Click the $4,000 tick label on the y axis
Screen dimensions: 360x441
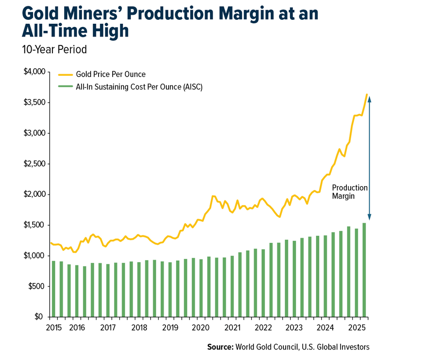[x=34, y=72]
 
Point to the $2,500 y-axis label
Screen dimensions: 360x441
[x=34, y=164]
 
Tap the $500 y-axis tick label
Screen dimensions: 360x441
[x=37, y=287]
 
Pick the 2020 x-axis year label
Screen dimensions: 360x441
[x=201, y=328]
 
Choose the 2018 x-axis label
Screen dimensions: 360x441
[x=139, y=328]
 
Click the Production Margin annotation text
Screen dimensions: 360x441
[x=349, y=192]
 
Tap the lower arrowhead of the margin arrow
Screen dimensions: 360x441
[x=370, y=217]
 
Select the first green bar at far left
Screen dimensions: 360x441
[x=54, y=289]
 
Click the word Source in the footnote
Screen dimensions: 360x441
[x=220, y=347]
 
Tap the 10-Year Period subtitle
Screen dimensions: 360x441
[x=55, y=50]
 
